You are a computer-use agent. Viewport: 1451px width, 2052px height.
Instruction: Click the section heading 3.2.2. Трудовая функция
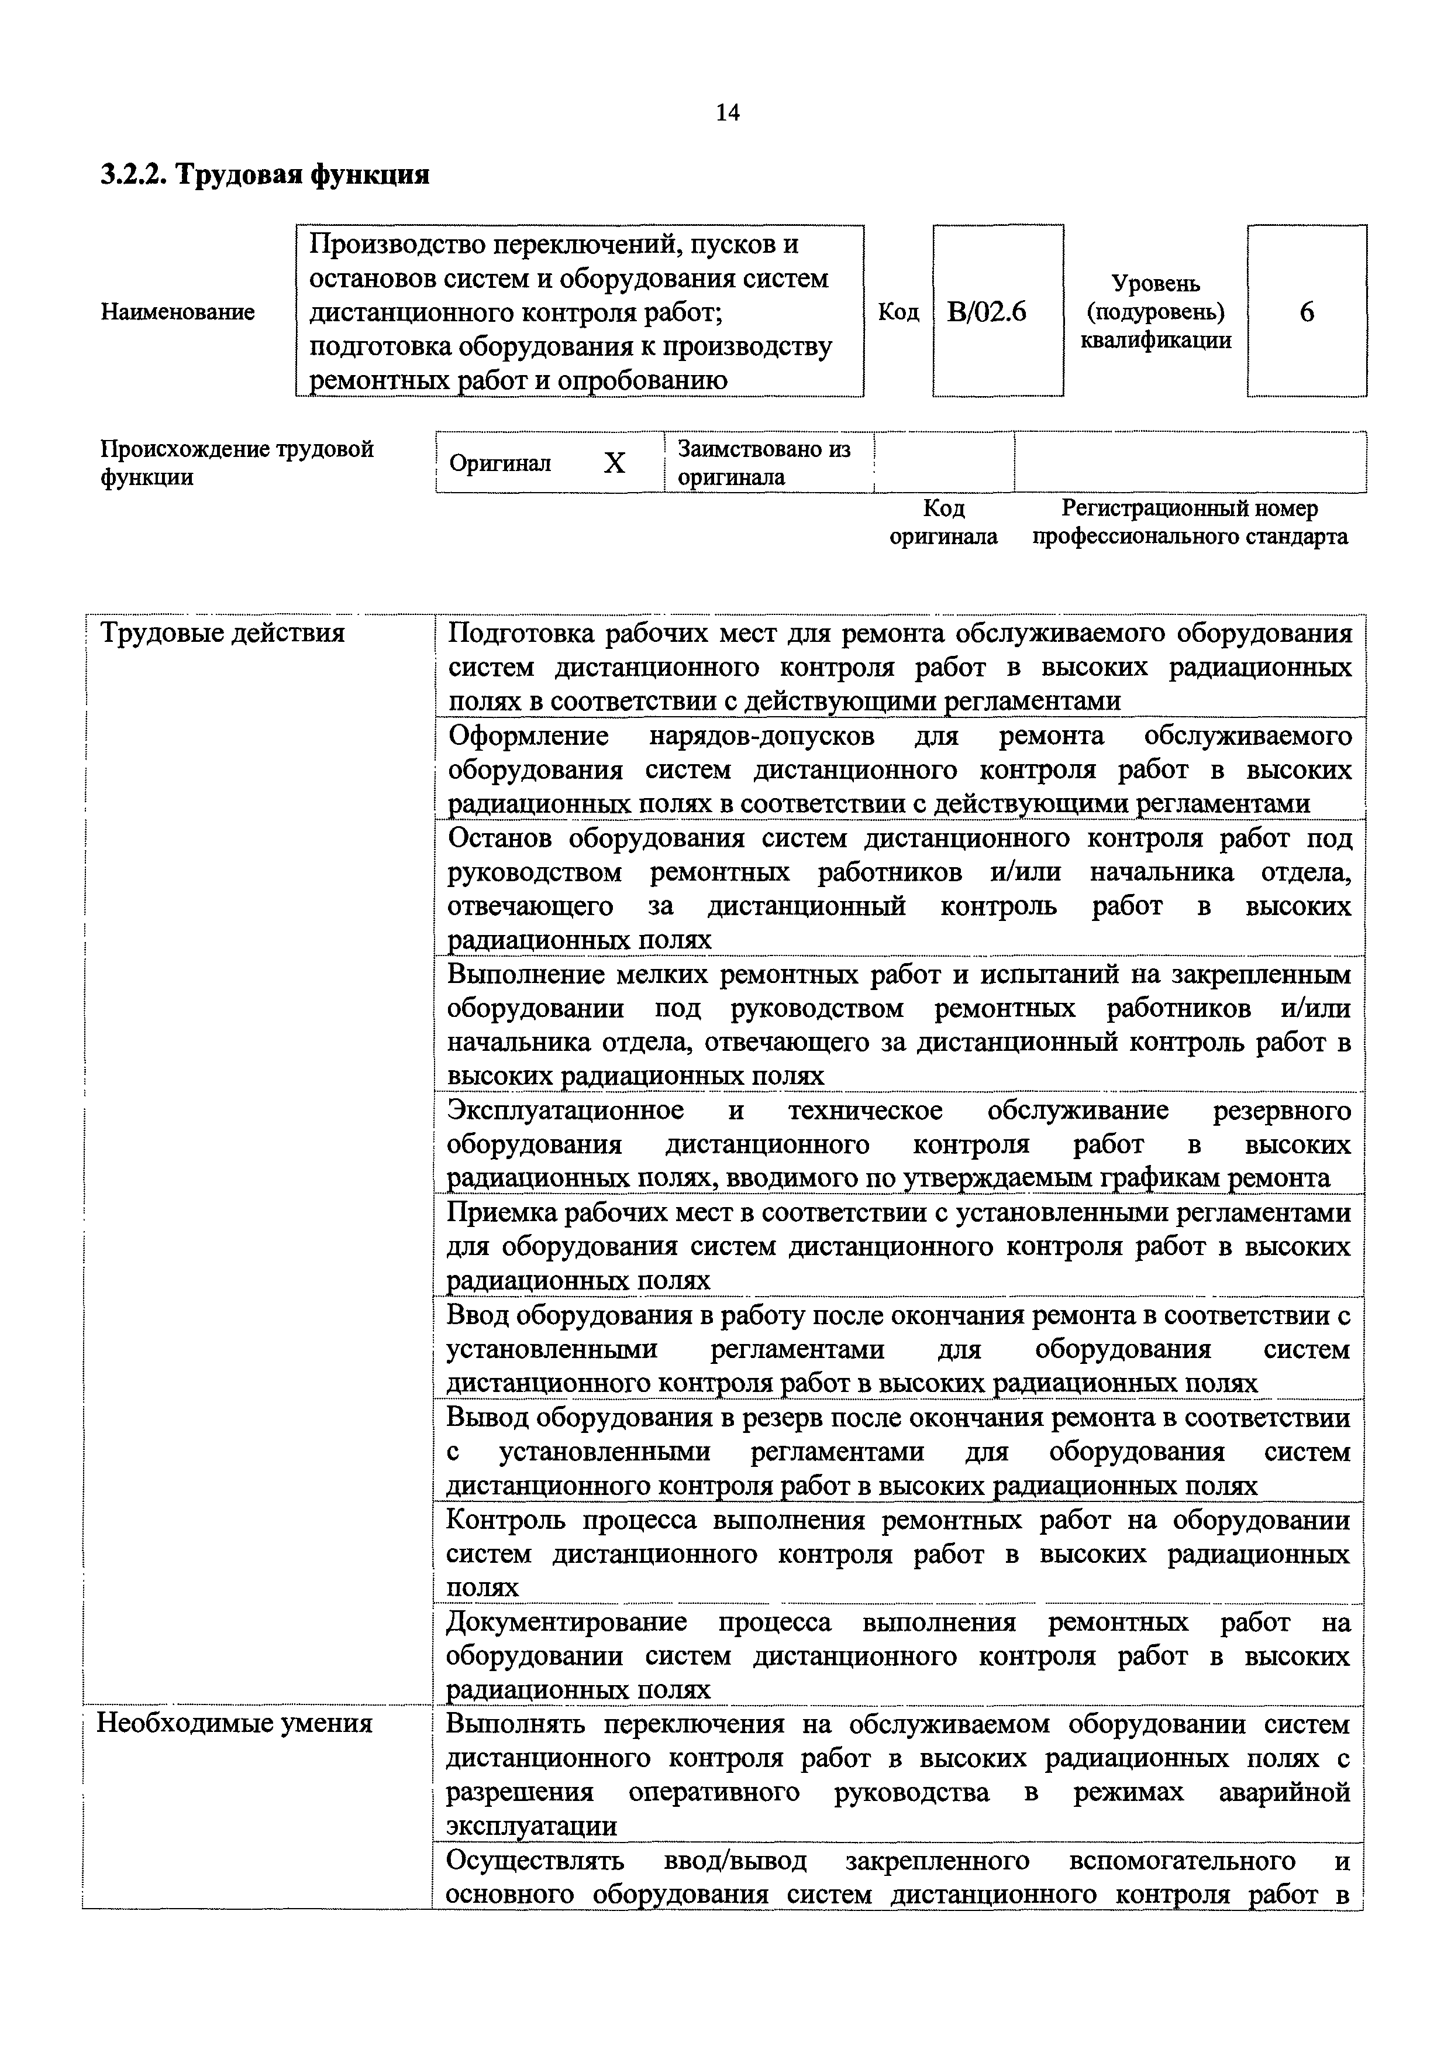pyautogui.click(x=264, y=174)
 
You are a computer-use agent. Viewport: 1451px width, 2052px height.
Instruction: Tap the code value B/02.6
pyautogui.click(x=987, y=312)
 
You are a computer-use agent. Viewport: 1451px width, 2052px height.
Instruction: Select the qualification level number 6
pyautogui.click(x=1307, y=312)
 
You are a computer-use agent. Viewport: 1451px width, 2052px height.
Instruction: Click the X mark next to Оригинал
pyautogui.click(x=615, y=463)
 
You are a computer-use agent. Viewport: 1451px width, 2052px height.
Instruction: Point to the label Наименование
pyautogui.click(x=178, y=312)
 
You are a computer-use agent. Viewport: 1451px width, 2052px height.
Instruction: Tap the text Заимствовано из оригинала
pyautogui.click(x=764, y=463)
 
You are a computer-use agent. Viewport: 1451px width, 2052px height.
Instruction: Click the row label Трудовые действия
pyautogui.click(x=222, y=634)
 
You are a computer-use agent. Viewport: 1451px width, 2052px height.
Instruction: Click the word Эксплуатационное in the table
pyautogui.click(x=565, y=1111)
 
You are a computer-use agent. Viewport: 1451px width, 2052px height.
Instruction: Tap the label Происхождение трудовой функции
pyautogui.click(x=237, y=463)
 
